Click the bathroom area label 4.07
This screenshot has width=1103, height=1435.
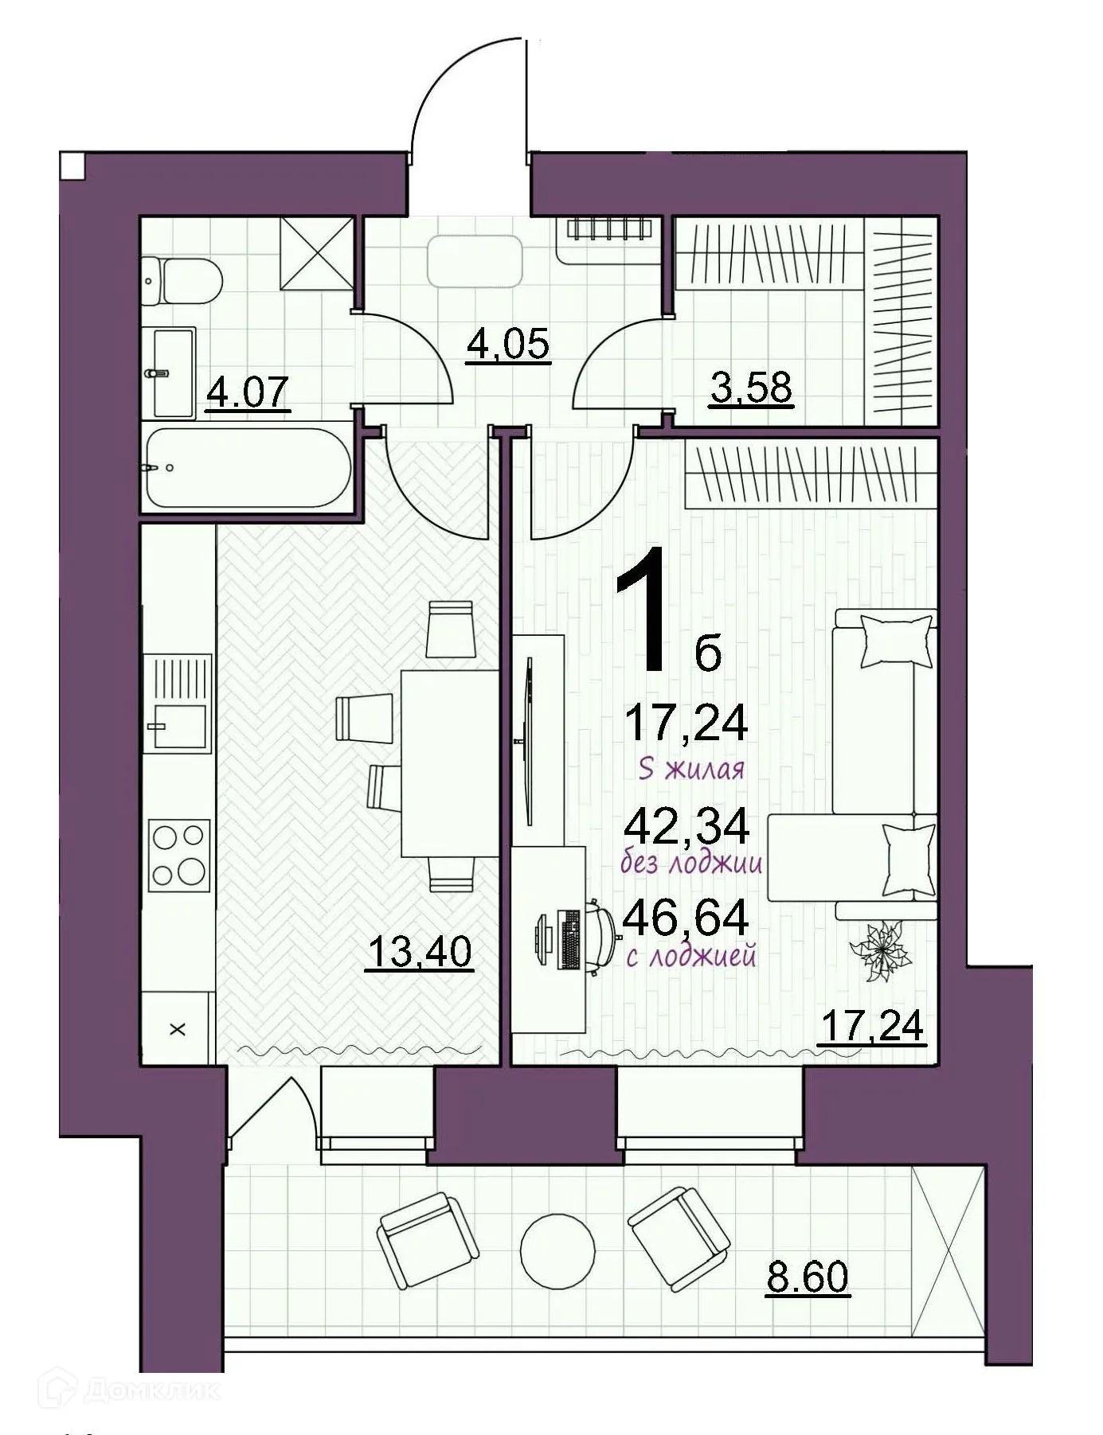coord(247,392)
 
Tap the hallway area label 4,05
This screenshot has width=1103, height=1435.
coord(508,344)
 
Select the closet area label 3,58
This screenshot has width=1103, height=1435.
coord(750,388)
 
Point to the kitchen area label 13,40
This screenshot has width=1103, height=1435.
coord(420,951)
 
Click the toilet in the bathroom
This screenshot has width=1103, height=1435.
coord(185,279)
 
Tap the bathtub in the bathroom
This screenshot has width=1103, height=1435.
coord(247,469)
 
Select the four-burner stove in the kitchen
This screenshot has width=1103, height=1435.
coord(179,856)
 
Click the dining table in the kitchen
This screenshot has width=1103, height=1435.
coord(449,762)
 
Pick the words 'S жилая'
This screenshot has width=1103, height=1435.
coord(691,770)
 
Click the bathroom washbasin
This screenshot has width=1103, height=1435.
coord(172,372)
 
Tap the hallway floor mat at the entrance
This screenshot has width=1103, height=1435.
coord(475,262)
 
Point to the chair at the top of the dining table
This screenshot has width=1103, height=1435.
coord(451,630)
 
